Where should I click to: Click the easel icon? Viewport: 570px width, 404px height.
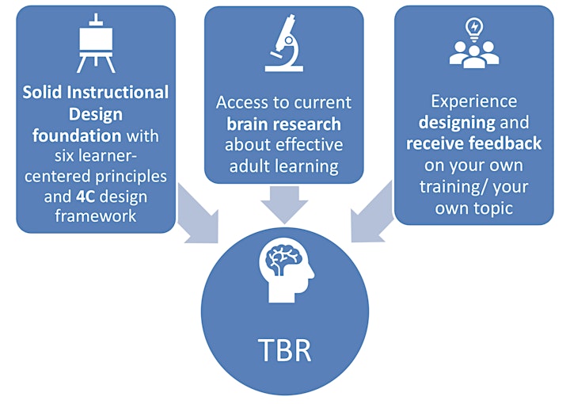pyautogui.click(x=96, y=43)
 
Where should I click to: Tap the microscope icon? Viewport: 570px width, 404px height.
pyautogui.click(x=284, y=43)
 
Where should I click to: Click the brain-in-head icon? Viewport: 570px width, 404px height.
pyautogui.click(x=286, y=270)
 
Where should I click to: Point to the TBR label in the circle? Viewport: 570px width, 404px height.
pyautogui.click(x=285, y=350)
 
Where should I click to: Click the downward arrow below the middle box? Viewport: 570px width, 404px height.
pyautogui.click(x=285, y=204)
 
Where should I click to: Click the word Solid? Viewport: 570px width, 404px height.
pyautogui.click(x=42, y=92)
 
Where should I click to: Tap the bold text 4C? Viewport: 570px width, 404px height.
pyautogui.click(x=85, y=196)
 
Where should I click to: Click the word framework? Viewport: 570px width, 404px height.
pyautogui.click(x=96, y=216)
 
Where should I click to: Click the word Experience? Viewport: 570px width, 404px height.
pyautogui.click(x=474, y=101)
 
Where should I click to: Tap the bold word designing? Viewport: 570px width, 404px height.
pyautogui.click(x=457, y=123)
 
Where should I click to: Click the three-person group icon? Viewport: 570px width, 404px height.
pyautogui.click(x=474, y=55)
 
